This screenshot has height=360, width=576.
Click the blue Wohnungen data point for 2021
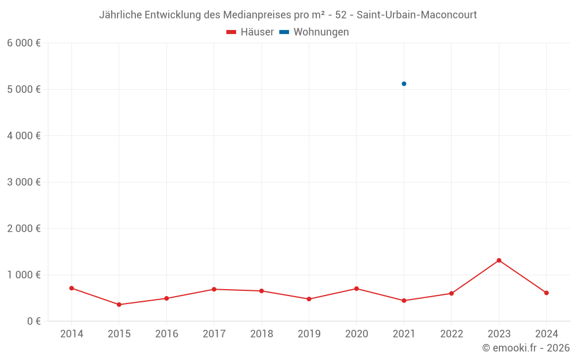click(x=404, y=84)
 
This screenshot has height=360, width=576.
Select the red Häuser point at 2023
click(x=499, y=260)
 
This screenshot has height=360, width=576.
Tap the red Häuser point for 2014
click(x=71, y=288)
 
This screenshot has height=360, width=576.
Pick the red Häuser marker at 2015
click(x=119, y=305)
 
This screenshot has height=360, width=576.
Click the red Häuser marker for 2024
click(x=546, y=293)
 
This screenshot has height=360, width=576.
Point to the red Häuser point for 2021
click(x=404, y=301)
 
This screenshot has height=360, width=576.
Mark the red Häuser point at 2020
click(x=357, y=289)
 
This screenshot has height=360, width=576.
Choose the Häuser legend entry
click(x=250, y=32)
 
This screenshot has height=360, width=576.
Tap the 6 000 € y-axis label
click(x=24, y=43)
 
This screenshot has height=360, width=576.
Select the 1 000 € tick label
click(x=24, y=275)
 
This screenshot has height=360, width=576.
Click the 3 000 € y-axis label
click(x=24, y=182)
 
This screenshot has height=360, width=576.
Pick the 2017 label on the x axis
click(x=214, y=334)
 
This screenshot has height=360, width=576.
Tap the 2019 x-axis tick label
click(x=309, y=334)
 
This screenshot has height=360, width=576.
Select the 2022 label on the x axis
click(x=451, y=334)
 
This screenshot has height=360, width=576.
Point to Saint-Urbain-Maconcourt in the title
click(x=416, y=15)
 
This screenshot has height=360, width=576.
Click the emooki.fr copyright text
click(x=526, y=348)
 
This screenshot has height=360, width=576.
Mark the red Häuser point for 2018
click(x=262, y=291)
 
